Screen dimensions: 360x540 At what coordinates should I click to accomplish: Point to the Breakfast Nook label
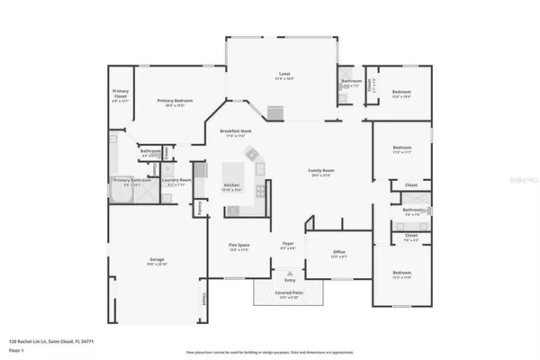(x=235, y=131)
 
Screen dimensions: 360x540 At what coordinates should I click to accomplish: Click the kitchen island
(x=233, y=174)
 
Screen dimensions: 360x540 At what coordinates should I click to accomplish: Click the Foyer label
(x=288, y=244)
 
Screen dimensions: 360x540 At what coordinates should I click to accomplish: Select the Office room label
(x=339, y=253)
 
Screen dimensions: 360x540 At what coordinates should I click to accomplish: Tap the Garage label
(x=156, y=261)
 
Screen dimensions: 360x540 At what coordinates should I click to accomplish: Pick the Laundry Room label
(x=176, y=180)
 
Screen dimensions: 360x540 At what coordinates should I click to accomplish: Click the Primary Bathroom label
(x=132, y=180)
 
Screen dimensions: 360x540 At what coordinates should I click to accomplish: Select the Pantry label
(x=201, y=207)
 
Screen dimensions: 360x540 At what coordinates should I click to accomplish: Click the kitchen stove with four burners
(x=260, y=190)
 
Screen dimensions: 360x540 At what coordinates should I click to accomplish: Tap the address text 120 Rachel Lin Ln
(x=51, y=342)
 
